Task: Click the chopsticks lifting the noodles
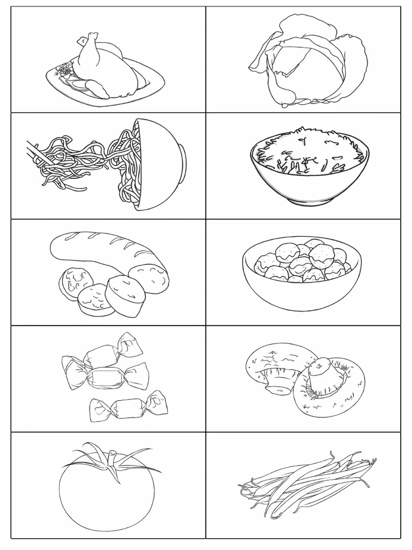tap(40, 153)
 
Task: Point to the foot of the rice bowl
tap(310, 200)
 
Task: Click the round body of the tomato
tap(107, 497)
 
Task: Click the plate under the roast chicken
tap(145, 86)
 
